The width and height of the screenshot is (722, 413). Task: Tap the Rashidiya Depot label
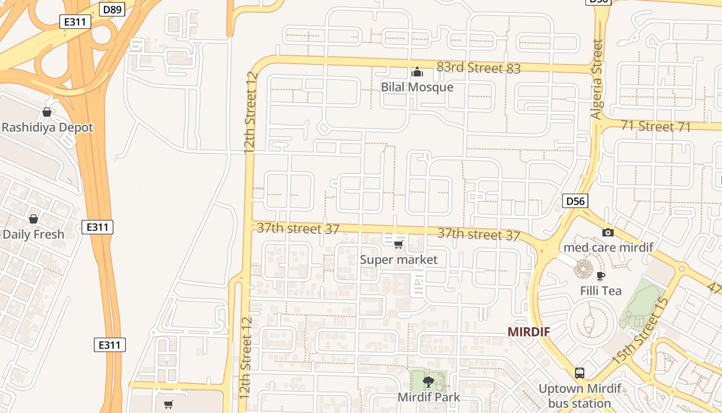tap(47, 128)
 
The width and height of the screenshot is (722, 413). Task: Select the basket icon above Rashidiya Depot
tap(47, 112)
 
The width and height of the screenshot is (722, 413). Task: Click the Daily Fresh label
tap(34, 234)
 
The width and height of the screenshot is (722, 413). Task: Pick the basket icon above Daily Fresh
tap(34, 219)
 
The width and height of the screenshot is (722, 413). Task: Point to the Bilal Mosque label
tap(417, 87)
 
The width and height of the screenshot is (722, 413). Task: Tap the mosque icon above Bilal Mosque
tap(417, 72)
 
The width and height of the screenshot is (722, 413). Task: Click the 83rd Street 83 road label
tap(479, 68)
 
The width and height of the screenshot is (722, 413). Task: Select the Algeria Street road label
tap(597, 80)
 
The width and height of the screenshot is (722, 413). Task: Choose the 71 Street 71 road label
tap(655, 126)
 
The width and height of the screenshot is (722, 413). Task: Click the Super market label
tap(399, 260)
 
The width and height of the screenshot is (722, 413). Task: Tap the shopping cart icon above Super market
tap(398, 244)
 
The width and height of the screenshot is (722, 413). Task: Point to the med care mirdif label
tap(608, 247)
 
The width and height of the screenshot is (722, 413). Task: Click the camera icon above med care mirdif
tap(608, 233)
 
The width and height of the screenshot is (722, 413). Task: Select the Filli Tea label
tap(601, 291)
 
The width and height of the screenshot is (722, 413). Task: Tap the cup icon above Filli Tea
tap(601, 276)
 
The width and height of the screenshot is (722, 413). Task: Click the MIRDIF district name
tap(529, 332)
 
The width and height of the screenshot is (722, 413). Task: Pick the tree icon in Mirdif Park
tap(428, 382)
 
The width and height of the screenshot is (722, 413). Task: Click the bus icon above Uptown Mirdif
tap(580, 373)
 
